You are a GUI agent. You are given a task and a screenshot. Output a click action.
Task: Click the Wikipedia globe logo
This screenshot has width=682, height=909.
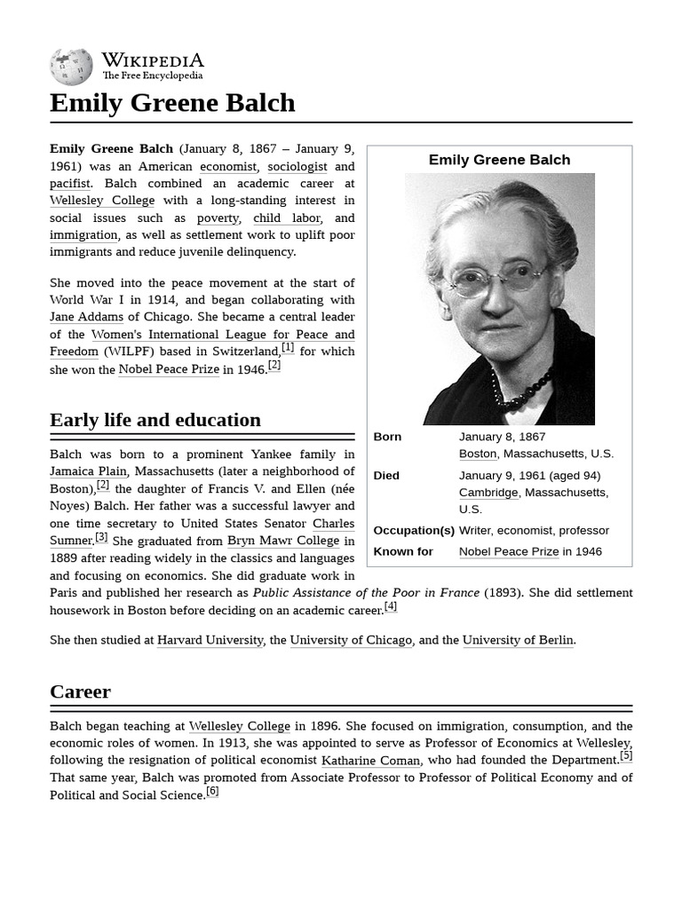(x=71, y=67)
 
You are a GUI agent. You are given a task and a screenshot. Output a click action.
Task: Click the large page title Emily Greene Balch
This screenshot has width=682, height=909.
(x=172, y=103)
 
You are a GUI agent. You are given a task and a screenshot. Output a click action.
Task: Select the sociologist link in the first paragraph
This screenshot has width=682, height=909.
(x=297, y=166)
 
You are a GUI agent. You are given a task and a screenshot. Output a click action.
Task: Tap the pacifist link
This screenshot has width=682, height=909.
(x=70, y=184)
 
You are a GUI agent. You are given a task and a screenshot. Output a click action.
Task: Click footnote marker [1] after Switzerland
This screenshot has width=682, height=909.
(x=288, y=348)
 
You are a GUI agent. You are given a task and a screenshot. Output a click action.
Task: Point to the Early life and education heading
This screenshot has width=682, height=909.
(x=155, y=420)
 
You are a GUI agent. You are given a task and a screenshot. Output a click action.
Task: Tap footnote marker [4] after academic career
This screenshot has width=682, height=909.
(x=391, y=606)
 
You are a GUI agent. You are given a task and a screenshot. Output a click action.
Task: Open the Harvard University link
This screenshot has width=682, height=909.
(x=210, y=640)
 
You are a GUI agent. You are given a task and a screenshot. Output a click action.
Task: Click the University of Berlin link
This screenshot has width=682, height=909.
(x=518, y=640)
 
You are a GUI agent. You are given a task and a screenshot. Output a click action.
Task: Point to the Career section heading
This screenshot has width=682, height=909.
(x=80, y=692)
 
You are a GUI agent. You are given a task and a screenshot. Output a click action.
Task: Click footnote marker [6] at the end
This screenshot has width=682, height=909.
(x=212, y=791)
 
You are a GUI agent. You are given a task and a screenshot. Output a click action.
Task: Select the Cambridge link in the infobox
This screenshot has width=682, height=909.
(x=488, y=493)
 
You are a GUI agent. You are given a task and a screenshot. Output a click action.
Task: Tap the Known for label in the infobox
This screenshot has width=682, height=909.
(x=403, y=551)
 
